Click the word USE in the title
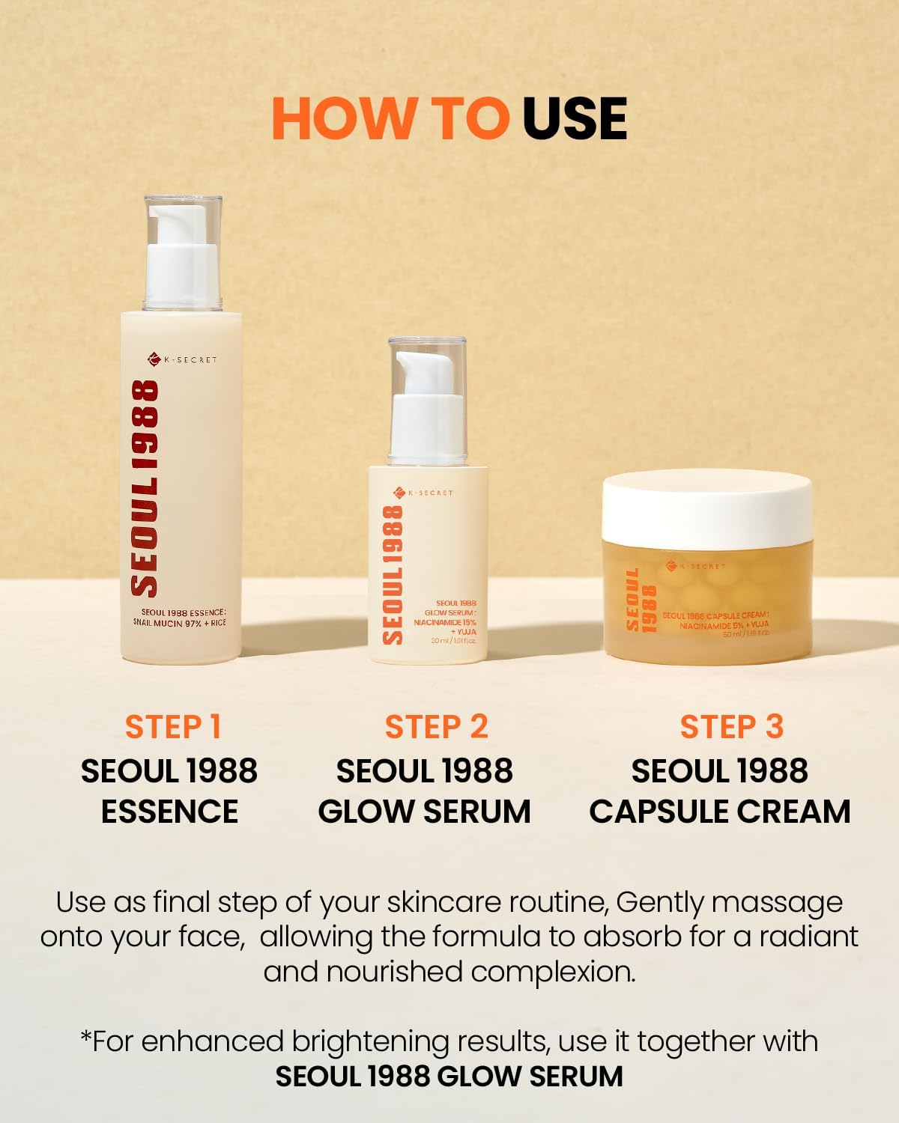(x=575, y=118)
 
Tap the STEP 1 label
(x=173, y=727)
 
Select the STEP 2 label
(x=436, y=727)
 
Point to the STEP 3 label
(x=731, y=727)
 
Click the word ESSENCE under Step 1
(x=169, y=812)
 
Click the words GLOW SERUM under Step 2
(x=424, y=812)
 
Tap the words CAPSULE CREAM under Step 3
(x=719, y=812)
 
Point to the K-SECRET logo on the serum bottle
(x=423, y=493)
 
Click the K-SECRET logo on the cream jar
(x=696, y=566)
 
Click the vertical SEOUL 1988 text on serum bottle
(x=393, y=574)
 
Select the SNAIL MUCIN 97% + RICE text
(x=179, y=623)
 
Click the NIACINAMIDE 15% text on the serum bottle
(x=445, y=622)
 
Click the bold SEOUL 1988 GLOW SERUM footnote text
(x=449, y=1077)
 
